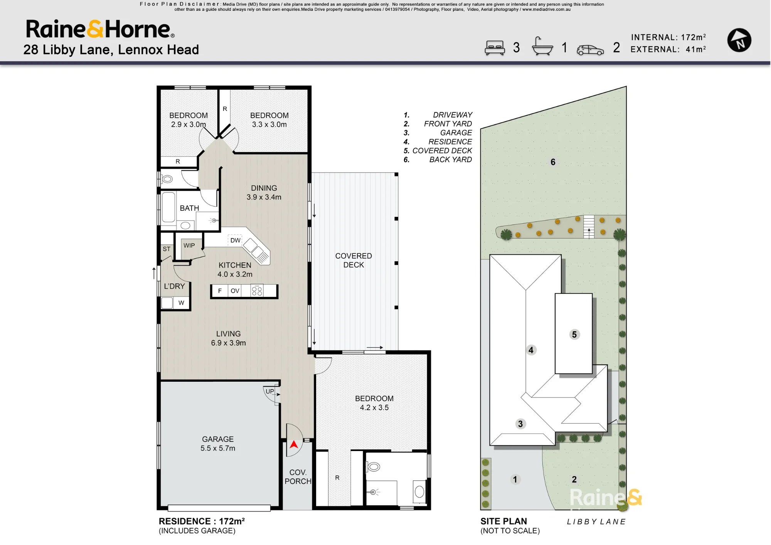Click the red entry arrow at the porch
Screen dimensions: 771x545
pyautogui.click(x=294, y=444)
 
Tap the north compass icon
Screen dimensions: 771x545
pyautogui.click(x=739, y=40)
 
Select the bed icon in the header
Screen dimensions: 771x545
pyautogui.click(x=495, y=48)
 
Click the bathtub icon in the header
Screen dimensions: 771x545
pyautogui.click(x=542, y=46)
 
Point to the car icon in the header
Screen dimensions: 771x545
pyautogui.click(x=590, y=50)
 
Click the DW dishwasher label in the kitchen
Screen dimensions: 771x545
pyautogui.click(x=235, y=240)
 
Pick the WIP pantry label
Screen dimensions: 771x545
pyautogui.click(x=189, y=245)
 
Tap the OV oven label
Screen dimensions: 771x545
pyautogui.click(x=235, y=291)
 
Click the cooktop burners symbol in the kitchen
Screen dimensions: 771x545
pyautogui.click(x=257, y=291)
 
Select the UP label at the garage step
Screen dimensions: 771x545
pyautogui.click(x=270, y=391)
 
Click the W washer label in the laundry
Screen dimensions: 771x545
pyautogui.click(x=181, y=303)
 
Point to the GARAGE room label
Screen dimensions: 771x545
pyautogui.click(x=218, y=439)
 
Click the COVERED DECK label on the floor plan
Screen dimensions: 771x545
pyautogui.click(x=354, y=260)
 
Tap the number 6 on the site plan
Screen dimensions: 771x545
pyautogui.click(x=553, y=162)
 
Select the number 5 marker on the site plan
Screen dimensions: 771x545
pyautogui.click(x=574, y=334)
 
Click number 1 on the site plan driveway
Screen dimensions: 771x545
pyautogui.click(x=515, y=480)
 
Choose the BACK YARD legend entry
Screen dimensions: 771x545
pyautogui.click(x=451, y=159)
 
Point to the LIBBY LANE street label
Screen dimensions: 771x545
pyautogui.click(x=596, y=522)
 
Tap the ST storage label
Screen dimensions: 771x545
pyautogui.click(x=167, y=249)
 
